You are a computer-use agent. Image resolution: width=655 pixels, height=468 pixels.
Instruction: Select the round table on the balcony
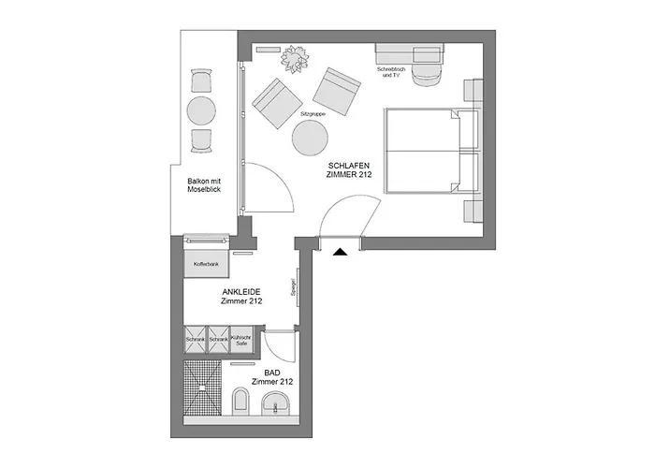(201, 110)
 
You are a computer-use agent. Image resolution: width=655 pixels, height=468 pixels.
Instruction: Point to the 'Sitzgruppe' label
(312, 113)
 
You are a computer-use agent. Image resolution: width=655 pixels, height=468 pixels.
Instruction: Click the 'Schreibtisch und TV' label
(389, 73)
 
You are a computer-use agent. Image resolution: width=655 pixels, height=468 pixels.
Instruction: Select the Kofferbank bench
(206, 265)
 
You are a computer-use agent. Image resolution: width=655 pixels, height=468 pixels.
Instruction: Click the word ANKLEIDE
(240, 292)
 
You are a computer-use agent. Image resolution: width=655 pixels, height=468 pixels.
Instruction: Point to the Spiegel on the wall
(295, 288)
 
